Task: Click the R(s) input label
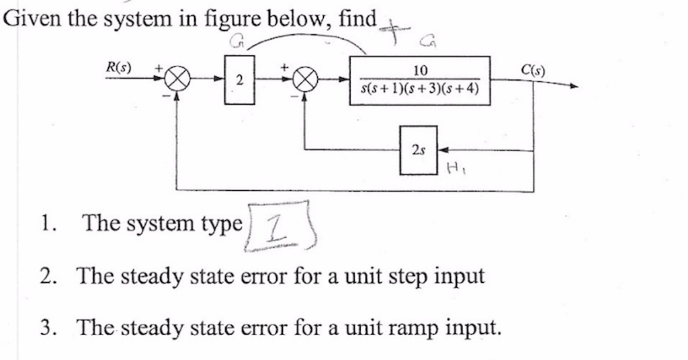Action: pos(120,68)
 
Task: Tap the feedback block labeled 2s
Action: pos(419,150)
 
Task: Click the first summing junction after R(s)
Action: pos(176,81)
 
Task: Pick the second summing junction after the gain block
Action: pos(306,81)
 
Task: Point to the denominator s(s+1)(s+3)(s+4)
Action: pos(420,89)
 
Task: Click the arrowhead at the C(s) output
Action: pos(572,86)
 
